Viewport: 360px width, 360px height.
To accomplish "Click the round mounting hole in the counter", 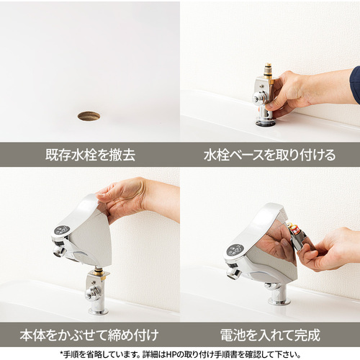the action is click(x=89, y=116).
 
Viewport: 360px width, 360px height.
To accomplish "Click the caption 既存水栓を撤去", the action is click(x=90, y=155).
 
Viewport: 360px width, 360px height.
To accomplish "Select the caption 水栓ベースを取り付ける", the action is click(x=269, y=155).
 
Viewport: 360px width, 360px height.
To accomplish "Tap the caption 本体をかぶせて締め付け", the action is click(x=89, y=335).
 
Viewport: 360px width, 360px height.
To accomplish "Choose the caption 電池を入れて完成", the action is click(x=270, y=335).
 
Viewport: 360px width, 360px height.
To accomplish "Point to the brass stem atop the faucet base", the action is click(x=268, y=70).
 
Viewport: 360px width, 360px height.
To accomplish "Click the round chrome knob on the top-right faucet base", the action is click(x=258, y=99).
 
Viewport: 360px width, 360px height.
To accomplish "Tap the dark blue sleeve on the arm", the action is click(x=355, y=85).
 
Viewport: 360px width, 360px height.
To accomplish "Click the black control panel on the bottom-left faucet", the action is click(x=62, y=230).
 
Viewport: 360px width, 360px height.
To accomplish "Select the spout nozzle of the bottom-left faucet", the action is click(x=59, y=251).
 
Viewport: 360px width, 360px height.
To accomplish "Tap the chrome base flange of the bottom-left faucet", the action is click(x=99, y=312).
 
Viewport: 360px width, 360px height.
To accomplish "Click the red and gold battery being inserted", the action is click(x=294, y=228).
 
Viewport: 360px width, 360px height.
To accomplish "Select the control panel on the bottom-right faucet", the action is click(x=235, y=251).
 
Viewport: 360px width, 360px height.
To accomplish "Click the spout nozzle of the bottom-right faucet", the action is click(x=233, y=273).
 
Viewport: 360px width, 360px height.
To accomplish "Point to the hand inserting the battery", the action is click(x=329, y=250).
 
